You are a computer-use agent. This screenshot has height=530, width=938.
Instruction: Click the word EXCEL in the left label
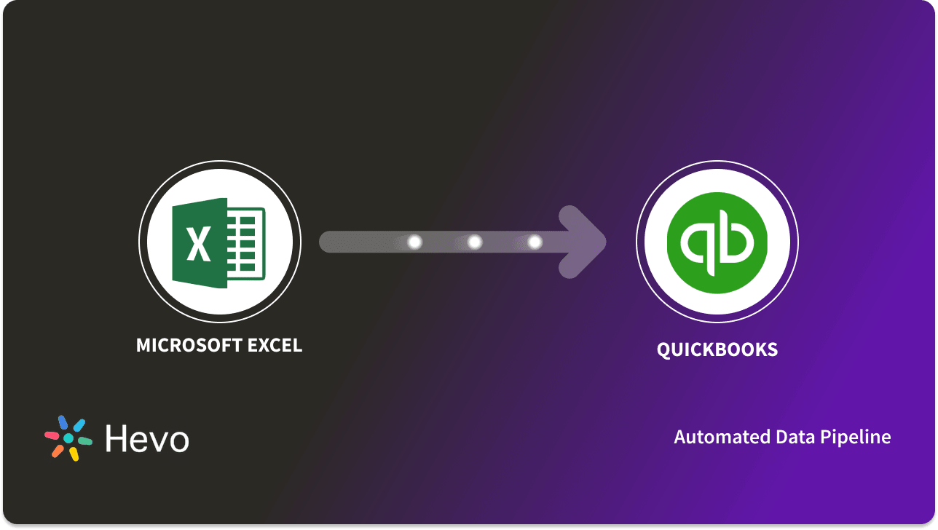pos(275,345)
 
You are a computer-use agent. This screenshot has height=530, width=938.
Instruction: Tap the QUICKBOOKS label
pos(717,349)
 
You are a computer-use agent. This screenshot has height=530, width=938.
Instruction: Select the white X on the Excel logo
pos(198,243)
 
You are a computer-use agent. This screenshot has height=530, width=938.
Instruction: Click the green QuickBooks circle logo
pos(717,242)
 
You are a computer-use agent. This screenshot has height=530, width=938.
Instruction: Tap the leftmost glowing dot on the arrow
pos(414,242)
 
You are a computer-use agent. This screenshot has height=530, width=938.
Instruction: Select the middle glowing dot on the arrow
pos(474,242)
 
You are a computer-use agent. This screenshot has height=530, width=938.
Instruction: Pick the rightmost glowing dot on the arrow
pos(534,242)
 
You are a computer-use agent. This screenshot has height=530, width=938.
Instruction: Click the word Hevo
pos(146,438)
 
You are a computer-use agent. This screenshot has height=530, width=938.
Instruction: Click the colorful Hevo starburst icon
pos(68,438)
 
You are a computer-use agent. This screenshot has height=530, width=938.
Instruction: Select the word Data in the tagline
pos(778,437)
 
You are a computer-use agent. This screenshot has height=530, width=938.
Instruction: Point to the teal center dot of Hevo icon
pos(68,438)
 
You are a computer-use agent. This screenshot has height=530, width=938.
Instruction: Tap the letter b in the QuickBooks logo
pos(737,240)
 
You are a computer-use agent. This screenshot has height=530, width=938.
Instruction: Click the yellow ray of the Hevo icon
pos(74,454)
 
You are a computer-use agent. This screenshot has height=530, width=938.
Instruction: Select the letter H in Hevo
pos(117,438)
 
